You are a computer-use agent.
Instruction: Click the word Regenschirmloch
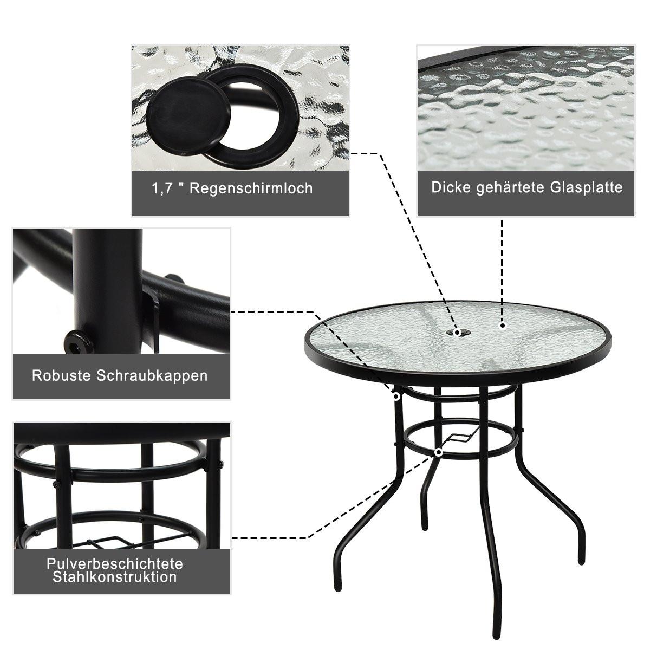click(x=251, y=188)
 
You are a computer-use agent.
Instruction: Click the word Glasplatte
click(x=587, y=187)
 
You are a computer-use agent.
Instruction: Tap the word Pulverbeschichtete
click(x=115, y=563)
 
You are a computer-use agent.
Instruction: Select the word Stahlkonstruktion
click(x=115, y=577)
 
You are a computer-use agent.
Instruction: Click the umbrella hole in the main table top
click(x=458, y=332)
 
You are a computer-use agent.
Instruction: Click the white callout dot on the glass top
click(x=503, y=326)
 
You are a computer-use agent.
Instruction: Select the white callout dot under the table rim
click(x=396, y=397)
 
